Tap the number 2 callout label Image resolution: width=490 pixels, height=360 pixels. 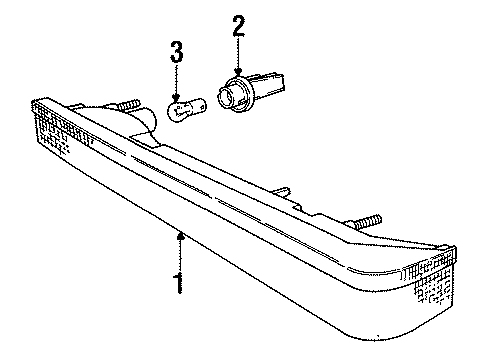pos(237,23)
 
